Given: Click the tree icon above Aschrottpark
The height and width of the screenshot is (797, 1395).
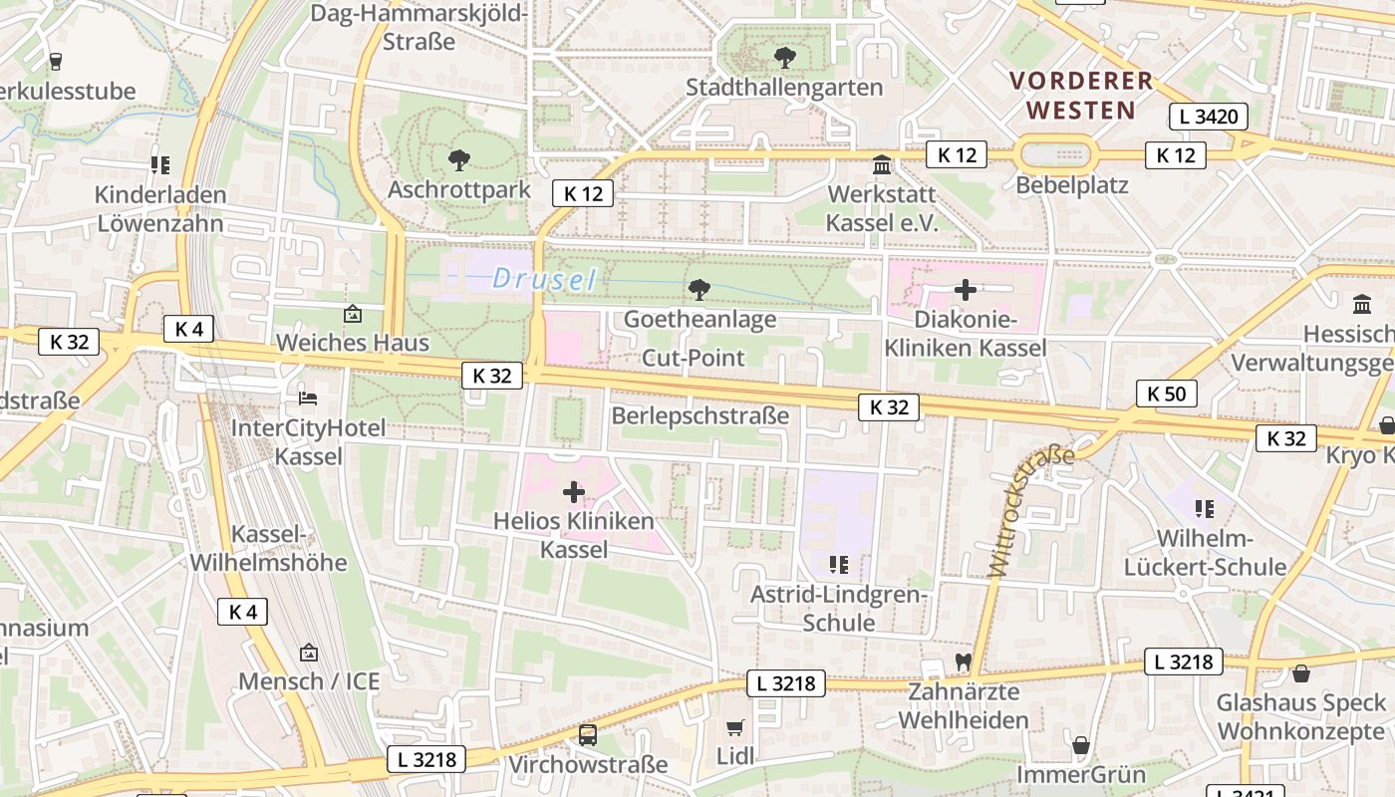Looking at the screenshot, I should [x=459, y=159].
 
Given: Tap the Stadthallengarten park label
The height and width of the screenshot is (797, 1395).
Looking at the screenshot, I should [x=784, y=87].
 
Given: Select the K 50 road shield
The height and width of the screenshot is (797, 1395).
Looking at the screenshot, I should [x=1166, y=394].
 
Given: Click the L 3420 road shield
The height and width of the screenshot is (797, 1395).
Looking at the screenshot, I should [x=1208, y=117].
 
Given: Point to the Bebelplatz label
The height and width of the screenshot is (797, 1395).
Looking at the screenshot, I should [x=1072, y=185].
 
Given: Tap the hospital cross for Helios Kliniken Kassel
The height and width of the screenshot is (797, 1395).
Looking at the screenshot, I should [x=574, y=491].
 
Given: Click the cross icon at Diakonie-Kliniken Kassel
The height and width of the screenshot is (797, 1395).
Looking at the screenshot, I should [x=965, y=290].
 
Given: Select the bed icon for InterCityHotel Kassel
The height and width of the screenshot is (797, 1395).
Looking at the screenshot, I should [x=309, y=398].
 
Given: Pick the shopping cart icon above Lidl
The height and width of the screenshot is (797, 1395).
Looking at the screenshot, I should [x=735, y=728].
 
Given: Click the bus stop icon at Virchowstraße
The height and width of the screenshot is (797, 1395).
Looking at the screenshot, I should [x=588, y=735].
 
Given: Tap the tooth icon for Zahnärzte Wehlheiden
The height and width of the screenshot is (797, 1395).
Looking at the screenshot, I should [x=963, y=662].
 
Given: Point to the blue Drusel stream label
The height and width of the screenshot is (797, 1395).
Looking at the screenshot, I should [x=544, y=280].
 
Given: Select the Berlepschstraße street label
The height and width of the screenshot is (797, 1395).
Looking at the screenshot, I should [x=699, y=415].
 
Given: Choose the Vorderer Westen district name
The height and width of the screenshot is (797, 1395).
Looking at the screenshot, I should [x=1081, y=95].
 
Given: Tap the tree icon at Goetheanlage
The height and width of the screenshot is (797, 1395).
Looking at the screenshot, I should [x=699, y=290].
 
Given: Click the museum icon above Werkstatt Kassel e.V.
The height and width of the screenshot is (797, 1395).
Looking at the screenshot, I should [x=882, y=164].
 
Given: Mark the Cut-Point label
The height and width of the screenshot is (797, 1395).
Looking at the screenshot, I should [x=694, y=358].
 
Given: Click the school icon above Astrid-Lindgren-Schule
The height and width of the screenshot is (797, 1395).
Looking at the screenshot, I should [x=839, y=565].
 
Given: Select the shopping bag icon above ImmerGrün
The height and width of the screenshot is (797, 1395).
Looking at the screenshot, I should [x=1080, y=745].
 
